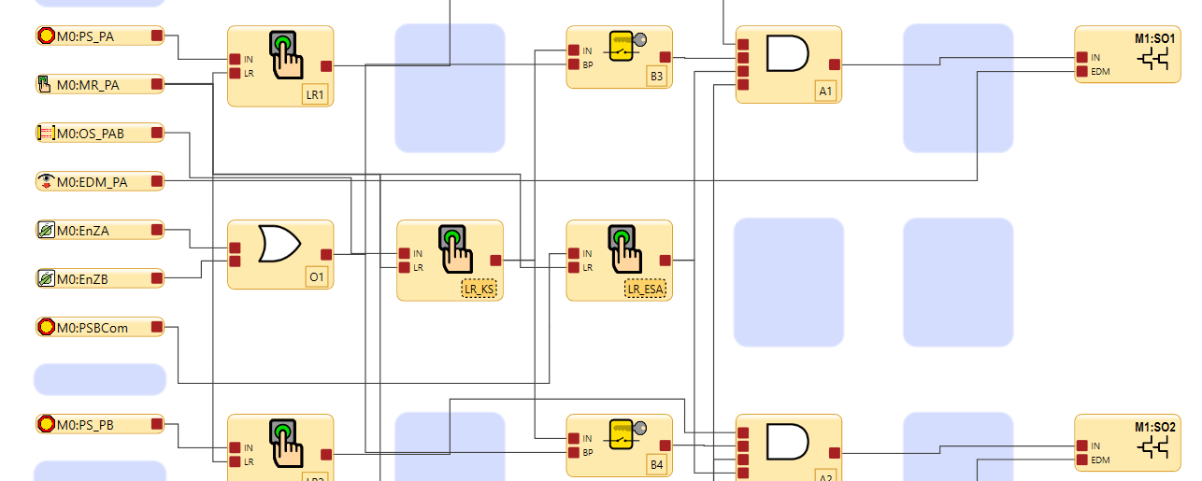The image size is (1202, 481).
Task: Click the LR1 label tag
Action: tap(315, 94)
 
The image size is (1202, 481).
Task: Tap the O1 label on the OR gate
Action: tap(316, 277)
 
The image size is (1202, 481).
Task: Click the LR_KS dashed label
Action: tap(480, 290)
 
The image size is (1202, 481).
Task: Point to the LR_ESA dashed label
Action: tap(645, 290)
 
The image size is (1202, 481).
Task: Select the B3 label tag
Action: tap(656, 77)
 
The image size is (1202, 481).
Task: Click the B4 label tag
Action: tap(656, 464)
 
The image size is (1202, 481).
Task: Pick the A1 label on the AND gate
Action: tap(824, 92)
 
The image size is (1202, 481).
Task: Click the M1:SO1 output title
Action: tap(1155, 38)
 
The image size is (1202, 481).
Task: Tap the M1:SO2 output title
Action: tap(1155, 427)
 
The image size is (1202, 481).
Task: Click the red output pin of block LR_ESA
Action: tap(665, 261)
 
